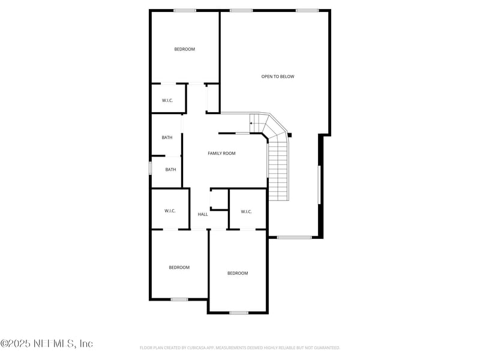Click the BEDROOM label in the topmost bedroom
point(184,49)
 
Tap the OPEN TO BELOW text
point(278,77)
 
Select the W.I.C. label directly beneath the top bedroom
point(167,100)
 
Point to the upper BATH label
point(167,137)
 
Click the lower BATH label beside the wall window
point(171,169)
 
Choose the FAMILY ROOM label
point(221,154)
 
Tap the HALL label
point(203,214)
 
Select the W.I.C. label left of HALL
point(170,211)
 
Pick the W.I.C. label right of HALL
point(246,211)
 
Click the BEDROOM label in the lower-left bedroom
point(179,268)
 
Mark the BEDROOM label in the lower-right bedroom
point(237,274)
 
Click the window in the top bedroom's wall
point(185,10)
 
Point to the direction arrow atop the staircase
point(251,123)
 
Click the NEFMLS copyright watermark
point(47,344)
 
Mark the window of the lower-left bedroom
point(179,299)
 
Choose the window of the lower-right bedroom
point(238,313)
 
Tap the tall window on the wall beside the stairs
point(319,184)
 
